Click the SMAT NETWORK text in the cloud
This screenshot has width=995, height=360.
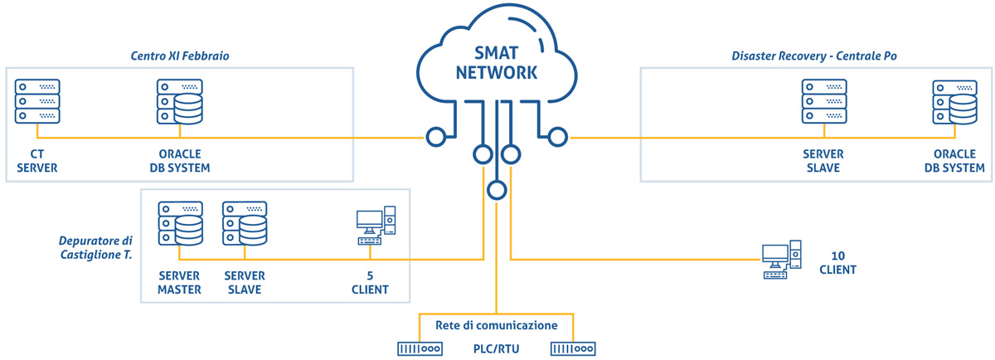pos(497,63)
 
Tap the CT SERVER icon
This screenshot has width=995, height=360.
pos(37,101)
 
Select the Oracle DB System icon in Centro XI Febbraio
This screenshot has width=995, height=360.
pos(180,102)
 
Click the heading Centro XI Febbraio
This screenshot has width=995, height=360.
pos(180,56)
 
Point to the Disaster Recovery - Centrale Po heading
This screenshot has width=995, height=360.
pos(814,56)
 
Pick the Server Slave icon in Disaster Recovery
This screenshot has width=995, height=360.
pos(824,101)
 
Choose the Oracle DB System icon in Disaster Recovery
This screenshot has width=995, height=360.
pos(954,102)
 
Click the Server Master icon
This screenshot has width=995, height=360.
pos(181,224)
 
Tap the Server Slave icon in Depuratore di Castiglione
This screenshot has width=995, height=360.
pos(245,224)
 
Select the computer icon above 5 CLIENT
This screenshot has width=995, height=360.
pos(376,226)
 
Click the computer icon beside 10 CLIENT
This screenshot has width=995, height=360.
pos(782,260)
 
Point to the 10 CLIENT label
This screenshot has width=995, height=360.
pos(837,263)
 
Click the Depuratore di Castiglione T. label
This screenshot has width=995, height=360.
pos(96,247)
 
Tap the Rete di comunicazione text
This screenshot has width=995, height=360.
pos(496,325)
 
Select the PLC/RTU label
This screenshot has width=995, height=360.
pos(496,349)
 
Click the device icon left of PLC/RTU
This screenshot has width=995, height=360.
pos(420,349)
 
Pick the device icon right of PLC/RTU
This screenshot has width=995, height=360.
pos(573,349)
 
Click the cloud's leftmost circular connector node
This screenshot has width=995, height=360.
pos(436,137)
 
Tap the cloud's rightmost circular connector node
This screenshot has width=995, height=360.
pos(558,137)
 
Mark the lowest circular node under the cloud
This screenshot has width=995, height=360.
pos(497,190)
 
